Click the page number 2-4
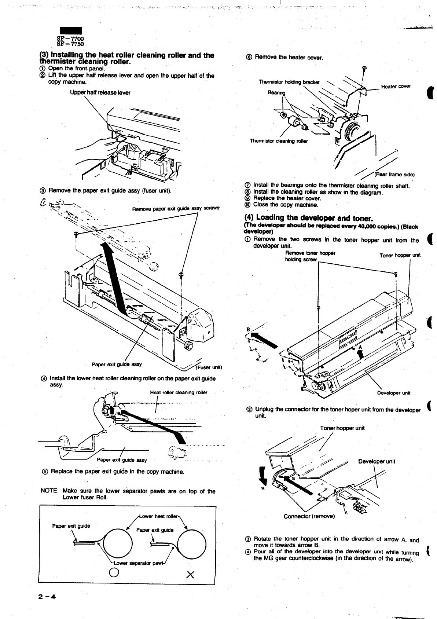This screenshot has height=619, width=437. click(x=46, y=597)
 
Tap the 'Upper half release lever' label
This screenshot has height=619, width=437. click(x=100, y=92)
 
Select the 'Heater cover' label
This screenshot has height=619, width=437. click(x=396, y=87)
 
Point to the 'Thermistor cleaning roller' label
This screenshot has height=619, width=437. click(x=279, y=141)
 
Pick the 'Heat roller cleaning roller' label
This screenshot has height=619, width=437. click(x=179, y=392)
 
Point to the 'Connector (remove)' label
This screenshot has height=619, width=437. click(x=309, y=516)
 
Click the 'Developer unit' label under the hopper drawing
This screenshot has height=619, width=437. click(x=394, y=393)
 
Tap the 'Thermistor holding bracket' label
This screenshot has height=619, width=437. click(x=289, y=82)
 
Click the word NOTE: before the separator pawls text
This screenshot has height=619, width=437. click(x=49, y=491)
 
